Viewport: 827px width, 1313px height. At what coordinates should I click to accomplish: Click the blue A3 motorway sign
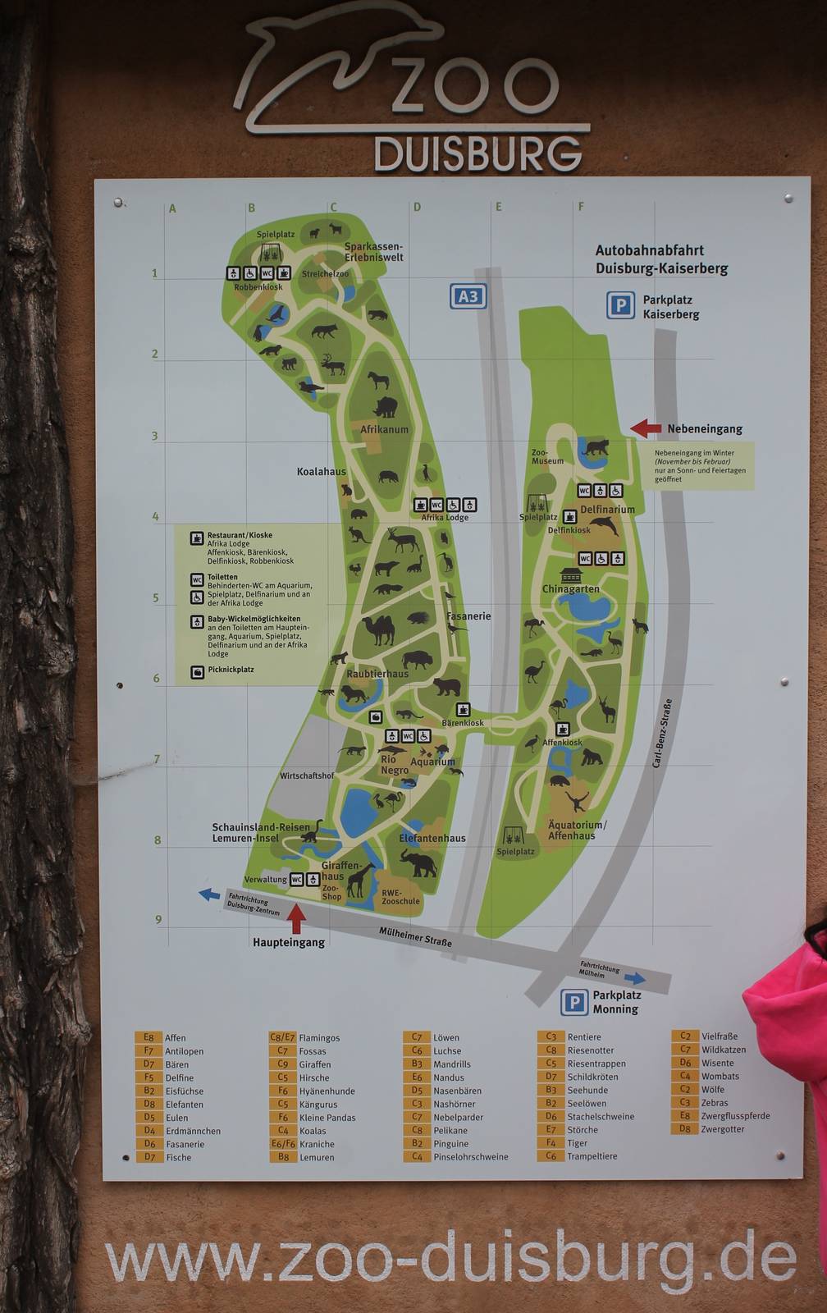pyautogui.click(x=468, y=296)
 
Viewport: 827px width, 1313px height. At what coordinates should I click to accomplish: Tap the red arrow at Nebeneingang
pyautogui.click(x=646, y=428)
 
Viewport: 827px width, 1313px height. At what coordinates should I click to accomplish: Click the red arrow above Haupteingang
pyautogui.click(x=296, y=918)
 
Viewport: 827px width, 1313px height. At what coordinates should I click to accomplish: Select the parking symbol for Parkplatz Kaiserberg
pyautogui.click(x=620, y=306)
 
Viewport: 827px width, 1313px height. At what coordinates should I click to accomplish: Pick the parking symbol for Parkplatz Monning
pyautogui.click(x=574, y=1002)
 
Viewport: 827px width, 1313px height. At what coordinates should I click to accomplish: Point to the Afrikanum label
pyautogui.click(x=384, y=429)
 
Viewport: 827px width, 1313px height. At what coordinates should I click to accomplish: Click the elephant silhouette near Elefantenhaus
pyautogui.click(x=418, y=863)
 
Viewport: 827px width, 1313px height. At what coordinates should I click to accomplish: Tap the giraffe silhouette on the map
pyautogui.click(x=359, y=880)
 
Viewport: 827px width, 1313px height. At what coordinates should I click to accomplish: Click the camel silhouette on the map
pyautogui.click(x=378, y=630)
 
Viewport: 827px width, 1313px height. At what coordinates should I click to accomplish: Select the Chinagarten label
pyautogui.click(x=570, y=589)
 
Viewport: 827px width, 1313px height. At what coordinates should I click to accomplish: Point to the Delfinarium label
pyautogui.click(x=607, y=510)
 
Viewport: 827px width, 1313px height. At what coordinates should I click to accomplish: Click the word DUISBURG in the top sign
pyautogui.click(x=477, y=154)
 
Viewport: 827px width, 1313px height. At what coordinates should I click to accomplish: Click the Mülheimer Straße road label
pyautogui.click(x=415, y=936)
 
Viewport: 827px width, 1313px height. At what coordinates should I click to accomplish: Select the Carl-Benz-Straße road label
pyautogui.click(x=662, y=733)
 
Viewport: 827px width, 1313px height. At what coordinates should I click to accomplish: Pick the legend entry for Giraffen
pyautogui.click(x=314, y=1064)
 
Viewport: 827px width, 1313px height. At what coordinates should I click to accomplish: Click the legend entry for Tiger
pyautogui.click(x=577, y=1143)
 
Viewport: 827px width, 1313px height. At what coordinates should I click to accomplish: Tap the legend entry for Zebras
pyautogui.click(x=714, y=1103)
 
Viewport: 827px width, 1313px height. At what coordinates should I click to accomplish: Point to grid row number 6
pyautogui.click(x=157, y=679)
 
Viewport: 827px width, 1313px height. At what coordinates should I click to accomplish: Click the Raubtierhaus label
pyautogui.click(x=377, y=674)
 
